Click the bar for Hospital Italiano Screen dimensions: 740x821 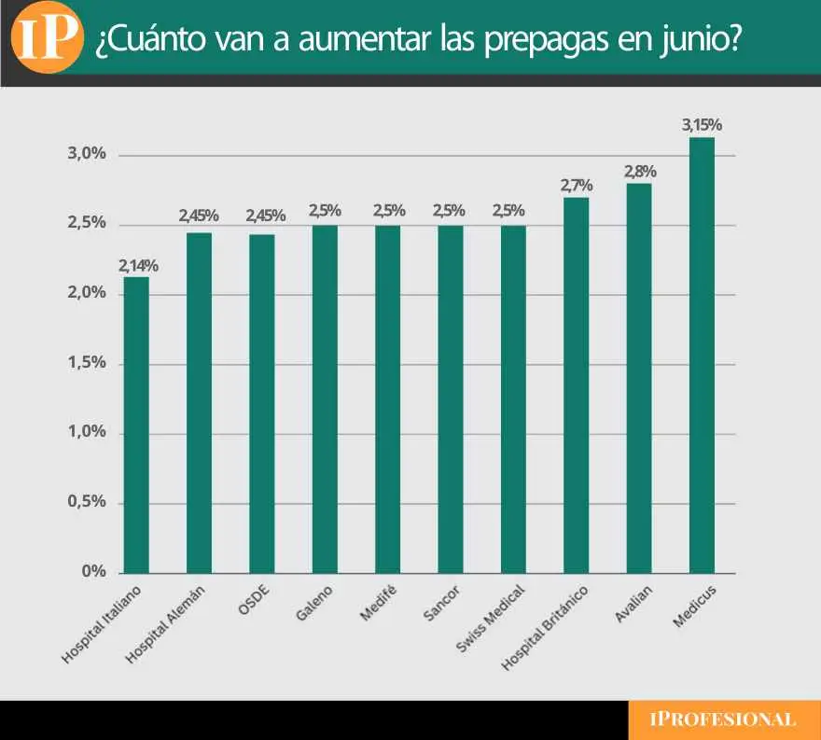click(x=136, y=425)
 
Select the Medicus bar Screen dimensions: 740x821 click(x=702, y=355)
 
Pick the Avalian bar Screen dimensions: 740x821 click(x=639, y=378)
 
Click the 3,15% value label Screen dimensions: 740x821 click(x=702, y=125)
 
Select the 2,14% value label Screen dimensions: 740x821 click(x=137, y=265)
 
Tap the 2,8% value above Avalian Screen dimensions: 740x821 click(x=640, y=172)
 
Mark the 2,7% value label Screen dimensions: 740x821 click(x=577, y=186)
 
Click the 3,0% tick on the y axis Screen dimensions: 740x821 click(x=86, y=154)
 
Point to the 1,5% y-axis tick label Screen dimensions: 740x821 click(x=86, y=363)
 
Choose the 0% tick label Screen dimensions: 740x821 click(x=92, y=572)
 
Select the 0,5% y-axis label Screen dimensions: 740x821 click(x=86, y=502)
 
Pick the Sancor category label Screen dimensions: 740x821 click(x=438, y=602)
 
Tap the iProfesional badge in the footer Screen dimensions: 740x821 click(x=724, y=719)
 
